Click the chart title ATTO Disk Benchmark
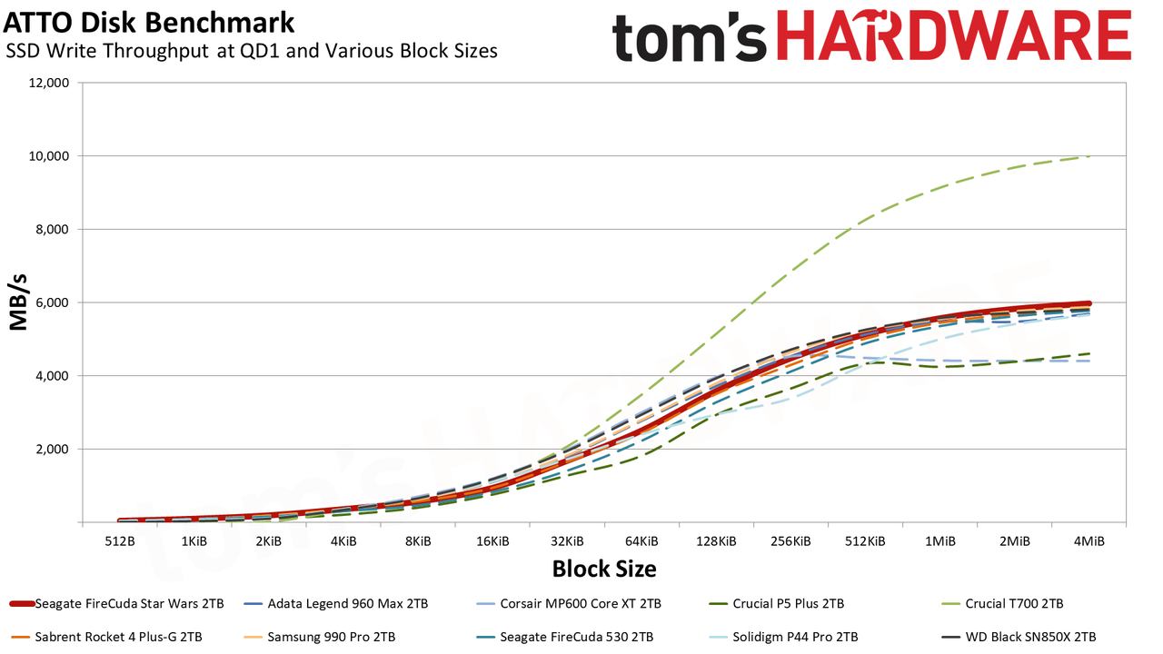tap(148, 23)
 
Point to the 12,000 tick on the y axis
tap(48, 83)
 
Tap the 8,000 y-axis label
tap(52, 230)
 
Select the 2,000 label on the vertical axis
tap(52, 450)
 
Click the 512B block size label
tap(120, 541)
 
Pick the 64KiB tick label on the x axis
tap(641, 541)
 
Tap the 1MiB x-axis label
tap(940, 541)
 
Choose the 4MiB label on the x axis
tap(1089, 541)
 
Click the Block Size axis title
tap(604, 569)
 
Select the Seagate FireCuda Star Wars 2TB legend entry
tap(117, 604)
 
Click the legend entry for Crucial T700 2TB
tap(1002, 604)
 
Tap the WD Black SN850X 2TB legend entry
tap(1019, 637)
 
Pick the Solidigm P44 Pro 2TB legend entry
tap(783, 637)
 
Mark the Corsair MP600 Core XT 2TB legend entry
tap(569, 604)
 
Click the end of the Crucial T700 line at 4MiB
tap(1088, 156)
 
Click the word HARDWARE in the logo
tap(954, 35)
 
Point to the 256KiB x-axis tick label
tap(790, 541)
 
